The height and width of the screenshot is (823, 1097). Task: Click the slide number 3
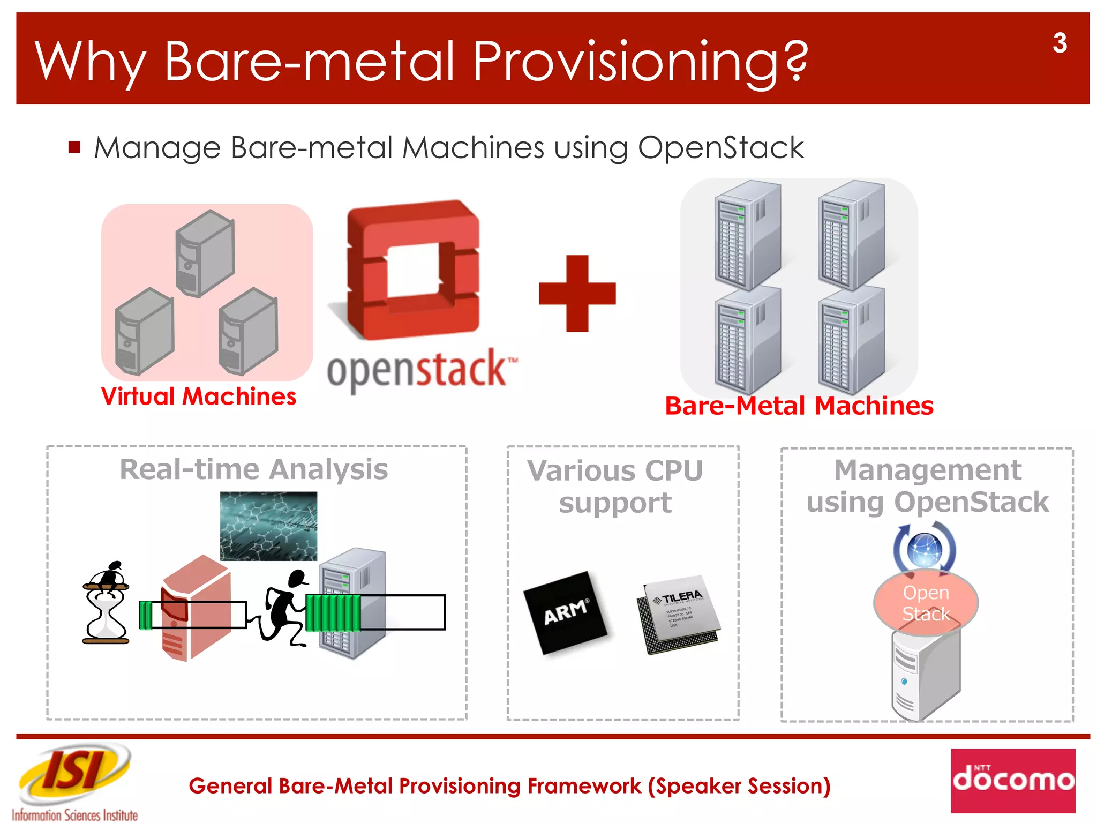point(1059,43)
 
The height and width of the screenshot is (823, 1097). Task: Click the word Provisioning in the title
point(640,62)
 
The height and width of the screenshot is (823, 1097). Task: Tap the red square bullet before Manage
point(74,147)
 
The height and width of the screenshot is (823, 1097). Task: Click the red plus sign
point(577,294)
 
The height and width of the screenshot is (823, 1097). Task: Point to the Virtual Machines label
point(198,397)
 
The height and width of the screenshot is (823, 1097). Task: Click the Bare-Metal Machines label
point(799,406)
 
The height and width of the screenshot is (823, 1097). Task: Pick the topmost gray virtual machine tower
point(205,253)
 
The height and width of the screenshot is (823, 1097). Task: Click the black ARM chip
point(565,612)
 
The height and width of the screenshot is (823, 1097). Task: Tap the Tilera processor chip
point(679,615)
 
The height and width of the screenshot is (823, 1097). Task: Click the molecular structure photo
point(268,526)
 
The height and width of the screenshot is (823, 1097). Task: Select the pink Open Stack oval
point(926,603)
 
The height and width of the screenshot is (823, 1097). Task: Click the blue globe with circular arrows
point(925,549)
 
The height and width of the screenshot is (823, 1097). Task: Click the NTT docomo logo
point(1012,780)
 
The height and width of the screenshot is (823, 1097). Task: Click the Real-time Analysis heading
point(253,469)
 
